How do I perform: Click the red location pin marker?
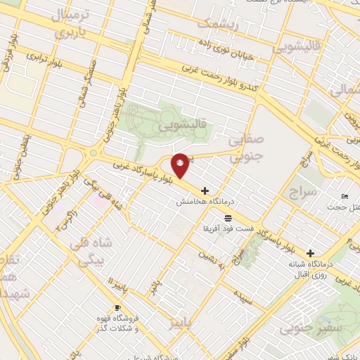click(x=181, y=165)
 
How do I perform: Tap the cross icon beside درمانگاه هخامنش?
click(x=205, y=191)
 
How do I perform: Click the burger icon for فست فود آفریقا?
click(x=229, y=219)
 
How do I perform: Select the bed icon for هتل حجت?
click(x=344, y=196)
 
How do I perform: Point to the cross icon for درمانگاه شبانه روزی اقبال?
click(x=310, y=252)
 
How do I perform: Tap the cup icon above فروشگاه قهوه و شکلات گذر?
click(x=117, y=308)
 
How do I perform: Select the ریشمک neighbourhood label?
click(x=217, y=25)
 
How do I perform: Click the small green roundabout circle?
click(x=94, y=153)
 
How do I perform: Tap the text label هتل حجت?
click(x=345, y=207)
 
